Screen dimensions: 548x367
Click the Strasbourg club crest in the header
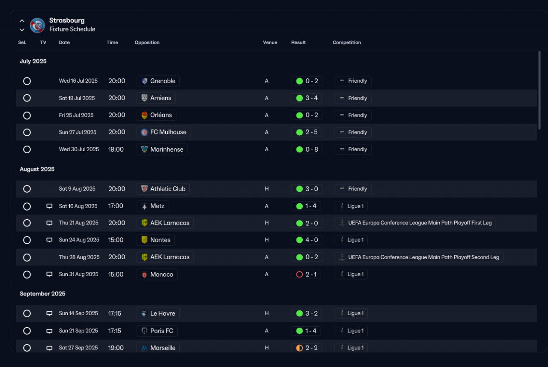[x=37, y=25]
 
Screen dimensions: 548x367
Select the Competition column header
[x=347, y=42]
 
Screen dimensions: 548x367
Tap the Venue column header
[x=270, y=42]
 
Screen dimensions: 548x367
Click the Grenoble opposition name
[x=163, y=81]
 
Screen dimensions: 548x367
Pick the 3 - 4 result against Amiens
[x=311, y=98]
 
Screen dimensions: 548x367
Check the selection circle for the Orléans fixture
[x=27, y=115]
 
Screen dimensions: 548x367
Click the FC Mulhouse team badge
[x=144, y=132]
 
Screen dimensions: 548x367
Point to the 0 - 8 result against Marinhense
[x=312, y=149]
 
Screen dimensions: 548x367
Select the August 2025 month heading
[x=37, y=169]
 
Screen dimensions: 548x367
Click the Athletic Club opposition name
[x=168, y=189]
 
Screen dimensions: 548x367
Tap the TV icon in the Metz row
[x=49, y=206]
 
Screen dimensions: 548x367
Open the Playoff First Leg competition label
[x=420, y=223]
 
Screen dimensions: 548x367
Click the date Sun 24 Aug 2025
[x=79, y=240]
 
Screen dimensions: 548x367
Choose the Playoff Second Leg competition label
[x=423, y=257]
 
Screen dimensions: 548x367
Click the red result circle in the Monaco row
[x=299, y=274]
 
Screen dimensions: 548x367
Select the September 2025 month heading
[x=42, y=294]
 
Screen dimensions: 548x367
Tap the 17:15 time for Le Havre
[x=114, y=313]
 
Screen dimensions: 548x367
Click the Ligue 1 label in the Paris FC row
[x=355, y=331]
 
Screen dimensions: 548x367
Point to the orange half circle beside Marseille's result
[x=299, y=348]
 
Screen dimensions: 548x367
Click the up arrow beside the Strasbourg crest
[x=22, y=21]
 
